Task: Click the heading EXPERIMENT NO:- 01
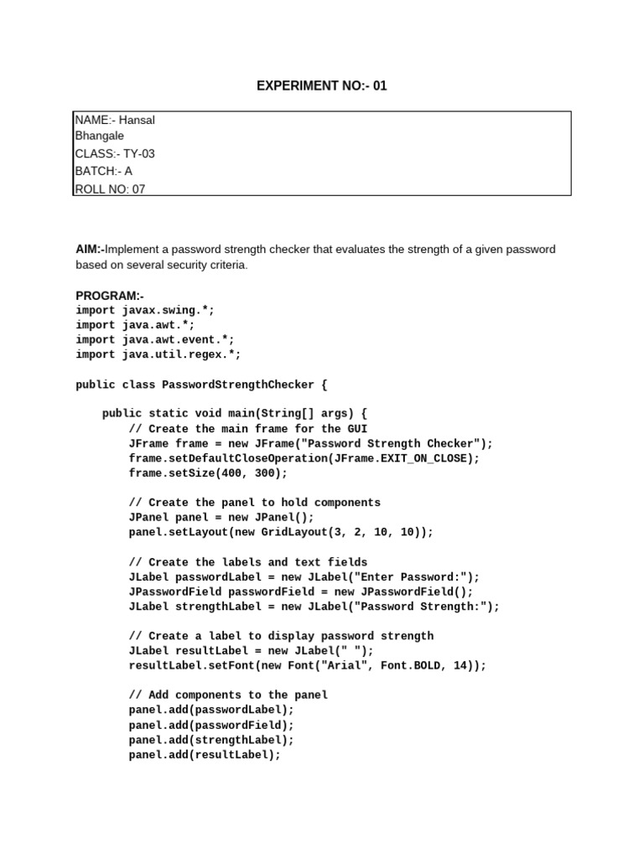click(x=321, y=85)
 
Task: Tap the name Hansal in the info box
click(x=137, y=120)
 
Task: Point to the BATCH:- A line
click(x=104, y=171)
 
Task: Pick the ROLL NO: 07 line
click(x=110, y=189)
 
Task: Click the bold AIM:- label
click(x=90, y=250)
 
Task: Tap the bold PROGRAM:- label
click(x=110, y=295)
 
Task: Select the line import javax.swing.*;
click(x=145, y=310)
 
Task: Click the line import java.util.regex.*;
click(x=158, y=354)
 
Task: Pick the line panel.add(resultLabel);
click(x=205, y=754)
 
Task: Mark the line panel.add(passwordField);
click(x=211, y=725)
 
